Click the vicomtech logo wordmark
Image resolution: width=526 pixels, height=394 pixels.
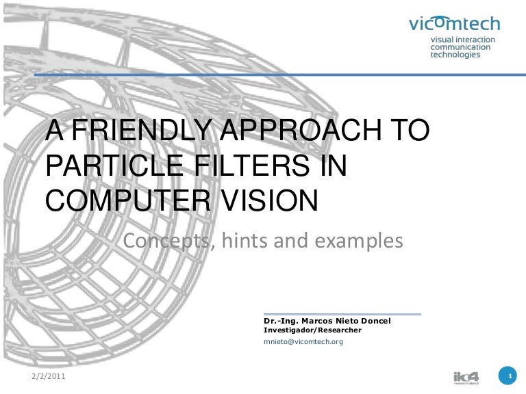(454, 24)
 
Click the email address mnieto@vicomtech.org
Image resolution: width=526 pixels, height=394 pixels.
(303, 341)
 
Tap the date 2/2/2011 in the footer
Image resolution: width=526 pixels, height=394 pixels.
(50, 377)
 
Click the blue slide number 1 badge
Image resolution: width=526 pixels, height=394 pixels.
(508, 377)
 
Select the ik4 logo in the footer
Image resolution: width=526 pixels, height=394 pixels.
(467, 377)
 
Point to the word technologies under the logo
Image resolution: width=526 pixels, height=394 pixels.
(455, 55)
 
